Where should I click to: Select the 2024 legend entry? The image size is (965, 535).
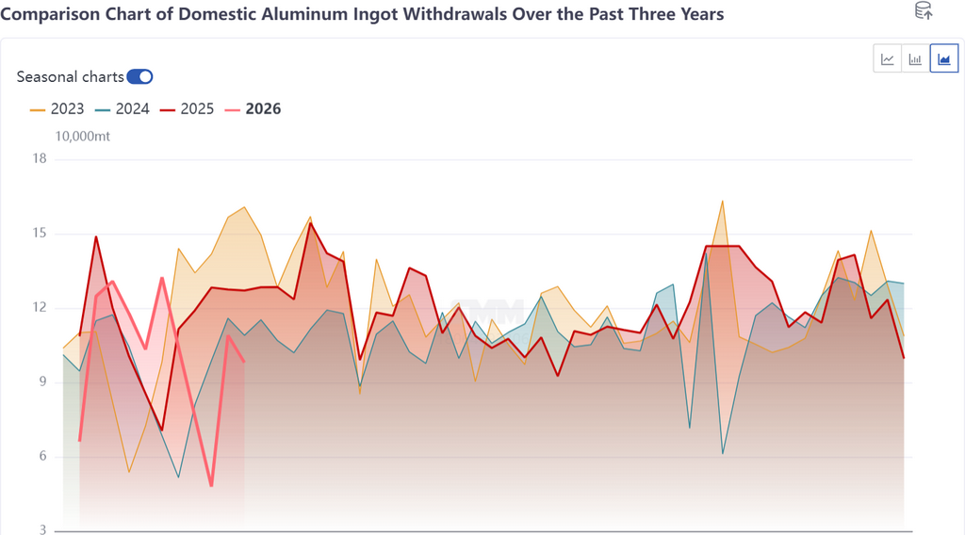click(x=123, y=108)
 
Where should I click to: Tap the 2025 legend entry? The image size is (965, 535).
click(x=188, y=108)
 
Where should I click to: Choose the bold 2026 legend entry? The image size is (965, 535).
click(x=254, y=108)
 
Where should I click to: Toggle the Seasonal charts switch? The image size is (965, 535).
click(x=139, y=77)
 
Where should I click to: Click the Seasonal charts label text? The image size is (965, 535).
click(x=70, y=77)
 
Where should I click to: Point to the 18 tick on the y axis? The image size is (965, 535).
click(x=40, y=159)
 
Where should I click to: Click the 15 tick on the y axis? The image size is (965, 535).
click(x=40, y=234)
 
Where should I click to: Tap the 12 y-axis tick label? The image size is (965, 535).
click(x=40, y=308)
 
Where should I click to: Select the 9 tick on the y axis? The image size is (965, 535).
click(x=42, y=382)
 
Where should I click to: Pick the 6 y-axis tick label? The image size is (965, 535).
click(x=42, y=457)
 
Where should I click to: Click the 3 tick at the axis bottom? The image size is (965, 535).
click(x=42, y=530)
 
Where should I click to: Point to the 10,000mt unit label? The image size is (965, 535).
click(x=83, y=137)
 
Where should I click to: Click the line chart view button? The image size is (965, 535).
click(x=888, y=59)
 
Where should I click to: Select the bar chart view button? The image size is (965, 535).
click(x=915, y=59)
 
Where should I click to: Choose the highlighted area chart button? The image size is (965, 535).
click(x=943, y=59)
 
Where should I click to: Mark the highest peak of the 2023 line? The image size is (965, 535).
click(x=722, y=201)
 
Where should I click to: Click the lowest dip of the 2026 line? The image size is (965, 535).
click(x=211, y=485)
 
